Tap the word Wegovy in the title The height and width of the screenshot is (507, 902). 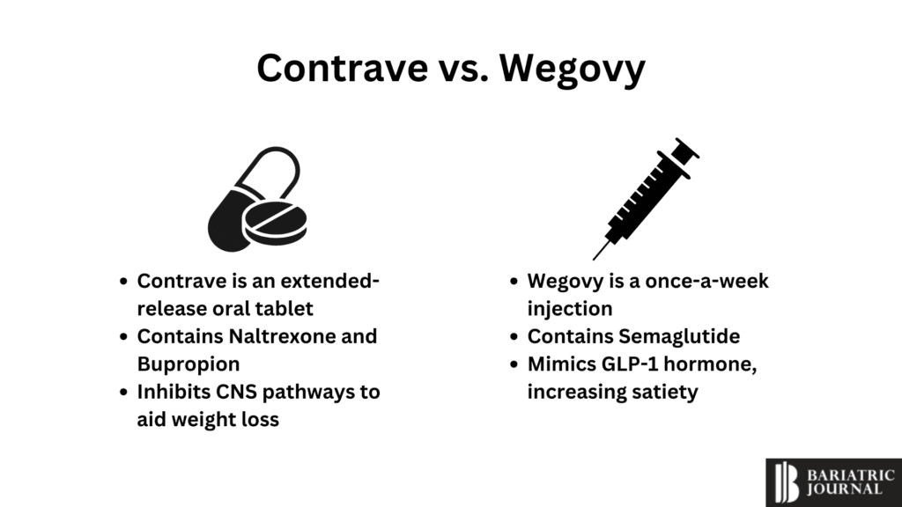pyautogui.click(x=573, y=69)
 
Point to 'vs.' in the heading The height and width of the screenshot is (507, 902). pyautogui.click(x=461, y=69)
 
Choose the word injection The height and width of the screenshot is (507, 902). pyautogui.click(x=569, y=309)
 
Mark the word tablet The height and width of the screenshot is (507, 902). pyautogui.click(x=284, y=309)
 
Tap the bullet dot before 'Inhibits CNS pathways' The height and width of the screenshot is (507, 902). pyautogui.click(x=124, y=392)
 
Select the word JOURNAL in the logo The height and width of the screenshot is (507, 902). pyautogui.click(x=845, y=489)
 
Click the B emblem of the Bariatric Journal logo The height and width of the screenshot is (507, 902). pyautogui.click(x=786, y=482)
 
